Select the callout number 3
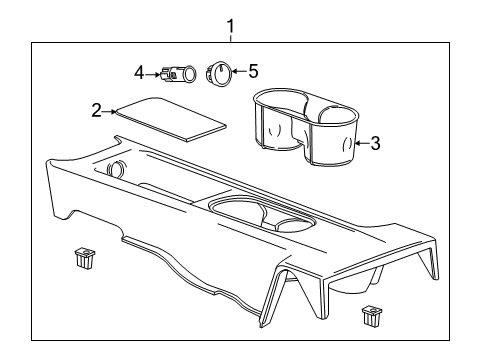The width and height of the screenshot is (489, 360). [375, 143]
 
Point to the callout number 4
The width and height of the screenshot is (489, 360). [140, 71]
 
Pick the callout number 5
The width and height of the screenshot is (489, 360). [253, 71]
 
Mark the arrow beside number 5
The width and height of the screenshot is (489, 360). [239, 72]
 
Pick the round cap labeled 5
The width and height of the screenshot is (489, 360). [220, 74]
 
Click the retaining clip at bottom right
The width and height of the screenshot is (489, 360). [370, 316]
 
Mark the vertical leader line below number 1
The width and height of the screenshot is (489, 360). [231, 36]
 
